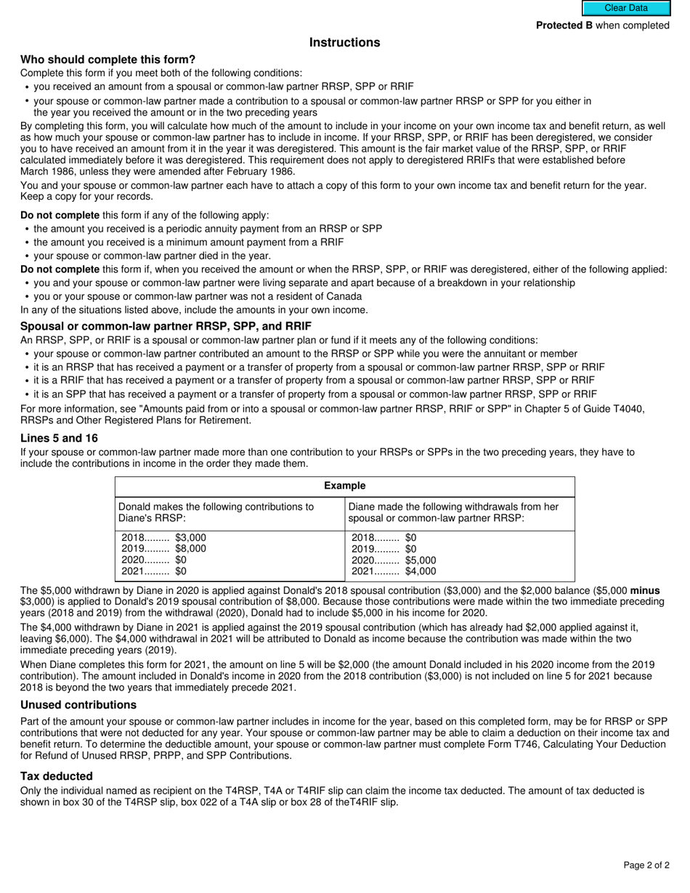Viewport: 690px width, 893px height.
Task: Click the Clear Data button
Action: pyautogui.click(x=625, y=8)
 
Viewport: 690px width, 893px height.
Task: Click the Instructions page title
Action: pyautogui.click(x=344, y=43)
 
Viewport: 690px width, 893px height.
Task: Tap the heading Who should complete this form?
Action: pyautogui.click(x=107, y=60)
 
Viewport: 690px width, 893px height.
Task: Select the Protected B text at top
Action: pyautogui.click(x=564, y=25)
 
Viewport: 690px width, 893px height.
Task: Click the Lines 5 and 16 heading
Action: pyautogui.click(x=59, y=439)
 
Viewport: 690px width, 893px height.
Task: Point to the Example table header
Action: pyautogui.click(x=344, y=486)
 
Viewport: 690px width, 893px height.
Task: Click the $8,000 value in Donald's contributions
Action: pyautogui.click(x=190, y=549)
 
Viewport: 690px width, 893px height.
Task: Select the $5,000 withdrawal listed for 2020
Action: pyautogui.click(x=421, y=560)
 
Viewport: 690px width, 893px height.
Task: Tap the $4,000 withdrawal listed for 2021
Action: pyautogui.click(x=421, y=571)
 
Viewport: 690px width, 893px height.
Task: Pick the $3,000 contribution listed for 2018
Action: pyautogui.click(x=190, y=538)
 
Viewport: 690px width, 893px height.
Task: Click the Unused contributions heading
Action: pyautogui.click(x=78, y=705)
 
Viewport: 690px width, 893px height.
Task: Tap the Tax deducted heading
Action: pyautogui.click(x=56, y=776)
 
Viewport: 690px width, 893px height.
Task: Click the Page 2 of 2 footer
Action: pyautogui.click(x=646, y=865)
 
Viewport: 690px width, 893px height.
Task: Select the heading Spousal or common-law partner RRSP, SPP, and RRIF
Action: pyautogui.click(x=166, y=327)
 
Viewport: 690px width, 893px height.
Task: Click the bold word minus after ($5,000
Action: pyautogui.click(x=645, y=591)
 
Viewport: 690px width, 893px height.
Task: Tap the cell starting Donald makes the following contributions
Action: pyautogui.click(x=216, y=513)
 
